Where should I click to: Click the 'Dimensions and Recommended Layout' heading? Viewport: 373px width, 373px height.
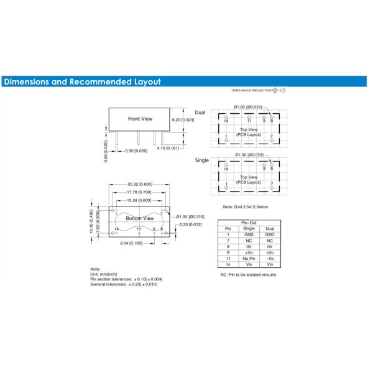[x=82, y=81]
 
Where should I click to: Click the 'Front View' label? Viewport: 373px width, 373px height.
[x=140, y=119]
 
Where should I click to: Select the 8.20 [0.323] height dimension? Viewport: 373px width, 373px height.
[x=183, y=120]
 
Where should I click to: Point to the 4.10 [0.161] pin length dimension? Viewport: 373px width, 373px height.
[x=168, y=148]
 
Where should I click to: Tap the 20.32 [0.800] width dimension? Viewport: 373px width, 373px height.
[x=140, y=184]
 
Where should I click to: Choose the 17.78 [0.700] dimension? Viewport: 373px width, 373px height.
[x=139, y=192]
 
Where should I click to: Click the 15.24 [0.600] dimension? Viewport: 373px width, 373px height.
[x=139, y=200]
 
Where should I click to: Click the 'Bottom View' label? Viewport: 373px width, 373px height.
[x=140, y=218]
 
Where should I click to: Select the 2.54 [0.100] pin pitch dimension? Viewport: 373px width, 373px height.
[x=131, y=243]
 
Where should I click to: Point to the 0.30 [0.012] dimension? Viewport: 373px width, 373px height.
[x=191, y=224]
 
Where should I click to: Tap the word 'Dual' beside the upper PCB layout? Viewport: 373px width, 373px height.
[x=200, y=113]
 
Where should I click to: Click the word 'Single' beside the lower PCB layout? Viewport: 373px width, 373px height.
[x=201, y=160]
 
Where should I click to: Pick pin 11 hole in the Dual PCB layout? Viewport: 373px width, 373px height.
[x=249, y=117]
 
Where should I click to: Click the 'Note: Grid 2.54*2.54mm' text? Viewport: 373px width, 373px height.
[x=246, y=207]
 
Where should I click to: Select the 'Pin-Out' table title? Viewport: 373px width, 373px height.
[x=249, y=223]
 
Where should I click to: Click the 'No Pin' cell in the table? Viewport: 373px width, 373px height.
[x=249, y=259]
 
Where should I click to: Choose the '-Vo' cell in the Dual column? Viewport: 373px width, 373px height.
[x=270, y=259]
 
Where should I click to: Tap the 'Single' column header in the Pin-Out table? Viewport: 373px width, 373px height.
[x=249, y=228]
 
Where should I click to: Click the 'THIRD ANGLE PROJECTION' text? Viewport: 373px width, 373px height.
[x=251, y=90]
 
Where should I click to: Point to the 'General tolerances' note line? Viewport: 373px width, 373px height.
[x=124, y=284]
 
